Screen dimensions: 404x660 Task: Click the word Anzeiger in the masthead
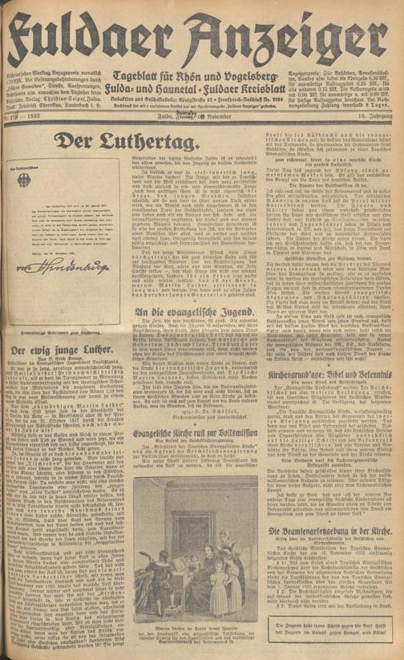point(297,27)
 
